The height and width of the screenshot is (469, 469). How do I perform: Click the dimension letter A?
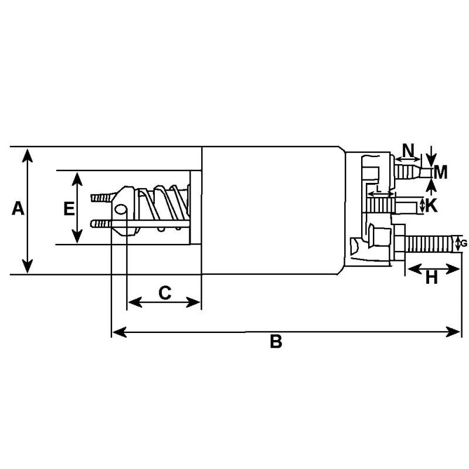[x=18, y=208]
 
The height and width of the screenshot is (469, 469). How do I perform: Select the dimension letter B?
[x=276, y=341]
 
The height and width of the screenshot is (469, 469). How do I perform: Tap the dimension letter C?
[x=165, y=292]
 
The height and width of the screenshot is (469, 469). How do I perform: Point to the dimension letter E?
[x=68, y=208]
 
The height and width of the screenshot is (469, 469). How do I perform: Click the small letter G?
[x=464, y=243]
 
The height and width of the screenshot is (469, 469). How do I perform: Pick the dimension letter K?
[x=431, y=205]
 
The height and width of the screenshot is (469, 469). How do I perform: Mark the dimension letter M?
[x=441, y=172]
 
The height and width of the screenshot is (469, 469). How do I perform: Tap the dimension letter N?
[x=409, y=148]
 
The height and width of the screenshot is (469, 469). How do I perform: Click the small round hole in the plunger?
[x=121, y=209]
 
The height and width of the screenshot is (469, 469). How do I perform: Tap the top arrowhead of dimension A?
[x=26, y=154]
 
